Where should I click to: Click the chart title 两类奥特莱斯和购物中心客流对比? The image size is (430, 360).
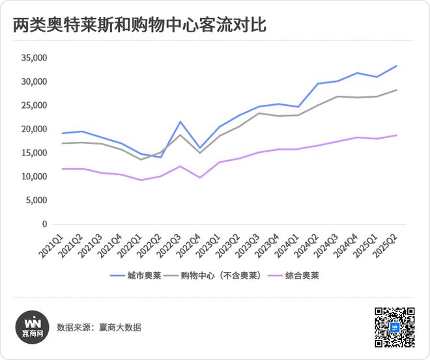pyautogui.click(x=139, y=25)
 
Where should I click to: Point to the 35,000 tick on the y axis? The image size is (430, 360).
pyautogui.click(x=34, y=58)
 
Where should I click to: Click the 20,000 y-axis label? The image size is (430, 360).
pyautogui.click(x=34, y=129)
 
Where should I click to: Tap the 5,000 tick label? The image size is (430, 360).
pyautogui.click(x=36, y=201)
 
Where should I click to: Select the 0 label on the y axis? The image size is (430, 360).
pyautogui.click(x=45, y=224)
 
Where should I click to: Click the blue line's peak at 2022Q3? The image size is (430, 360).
pyautogui.click(x=180, y=122)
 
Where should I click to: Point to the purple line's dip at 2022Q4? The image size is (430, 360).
pyautogui.click(x=200, y=178)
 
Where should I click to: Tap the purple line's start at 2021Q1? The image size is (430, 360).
pyautogui.click(x=63, y=169)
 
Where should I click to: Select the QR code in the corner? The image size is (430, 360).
pyautogui.click(x=395, y=327)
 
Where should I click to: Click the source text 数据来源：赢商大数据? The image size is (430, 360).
pyautogui.click(x=99, y=327)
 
